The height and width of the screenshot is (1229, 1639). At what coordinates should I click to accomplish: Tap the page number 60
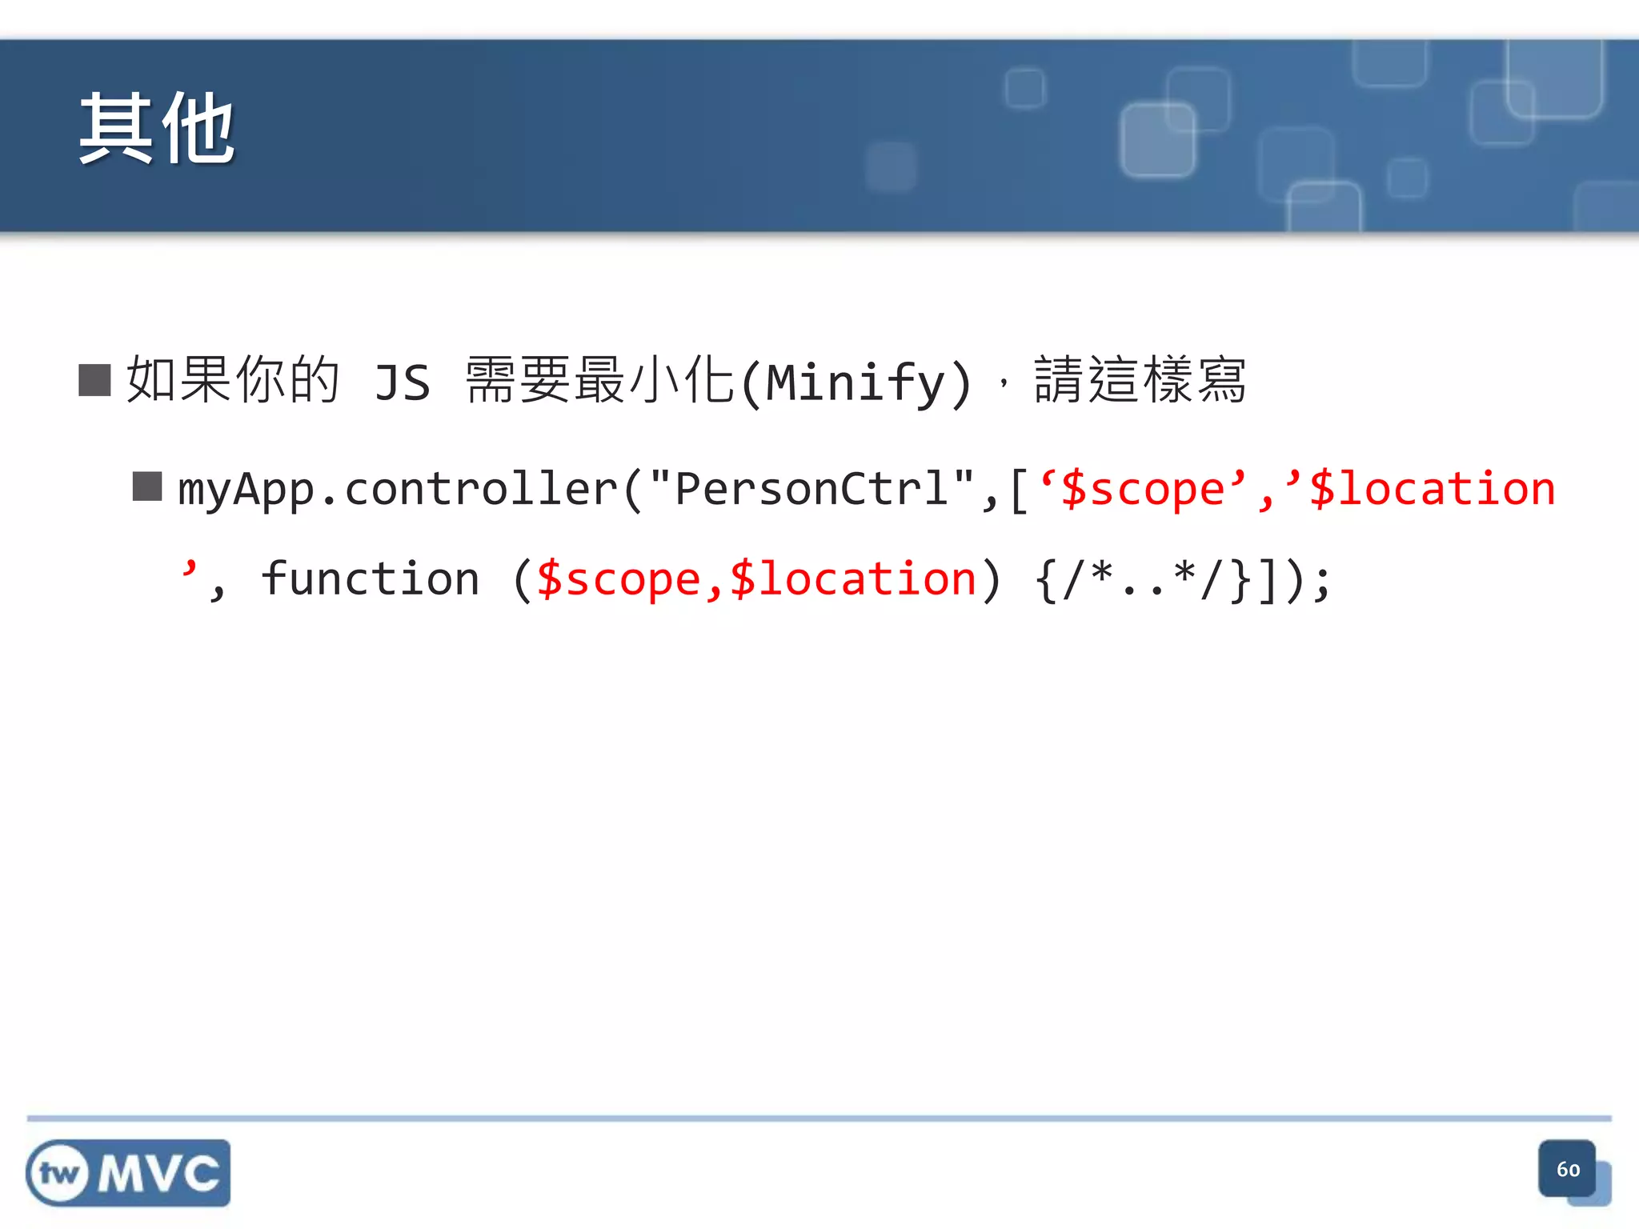click(1568, 1170)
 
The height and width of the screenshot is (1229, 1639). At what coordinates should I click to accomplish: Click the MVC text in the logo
click(158, 1174)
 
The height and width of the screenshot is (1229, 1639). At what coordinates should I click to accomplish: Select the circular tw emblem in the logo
click(58, 1174)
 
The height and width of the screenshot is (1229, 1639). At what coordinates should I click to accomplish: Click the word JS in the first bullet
click(403, 382)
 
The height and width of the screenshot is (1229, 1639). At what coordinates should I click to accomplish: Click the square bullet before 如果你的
click(94, 380)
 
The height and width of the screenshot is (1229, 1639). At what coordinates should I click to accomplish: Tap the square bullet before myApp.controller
click(147, 486)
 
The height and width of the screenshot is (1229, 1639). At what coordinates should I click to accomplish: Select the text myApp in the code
click(246, 490)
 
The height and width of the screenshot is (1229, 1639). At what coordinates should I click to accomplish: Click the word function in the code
click(371, 578)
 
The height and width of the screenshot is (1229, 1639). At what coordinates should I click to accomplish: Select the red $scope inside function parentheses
click(619, 578)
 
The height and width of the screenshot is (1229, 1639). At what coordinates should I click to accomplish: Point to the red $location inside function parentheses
click(852, 578)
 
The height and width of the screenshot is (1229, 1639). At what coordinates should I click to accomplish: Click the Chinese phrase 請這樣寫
click(1140, 380)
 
